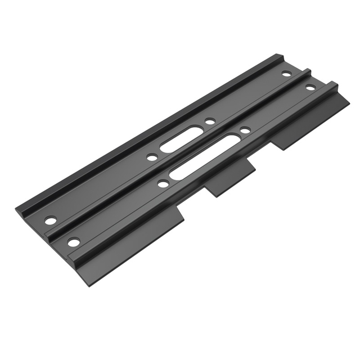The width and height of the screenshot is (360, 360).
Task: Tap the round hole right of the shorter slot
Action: (x=209, y=121)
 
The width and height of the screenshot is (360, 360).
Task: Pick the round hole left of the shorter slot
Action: (x=152, y=157)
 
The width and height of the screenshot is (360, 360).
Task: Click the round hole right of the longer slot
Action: (x=245, y=130)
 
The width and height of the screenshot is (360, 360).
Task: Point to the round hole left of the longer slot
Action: (x=163, y=184)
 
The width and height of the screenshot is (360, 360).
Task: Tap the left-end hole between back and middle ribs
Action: (x=50, y=219)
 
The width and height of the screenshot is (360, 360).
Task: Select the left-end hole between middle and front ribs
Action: (x=74, y=242)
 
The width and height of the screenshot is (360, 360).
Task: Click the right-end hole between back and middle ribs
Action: (x=286, y=74)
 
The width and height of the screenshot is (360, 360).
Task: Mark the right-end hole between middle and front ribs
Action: (x=310, y=87)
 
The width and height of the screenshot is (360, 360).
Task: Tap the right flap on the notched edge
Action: (x=312, y=124)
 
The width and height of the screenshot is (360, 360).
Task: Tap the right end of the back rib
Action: (x=281, y=56)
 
